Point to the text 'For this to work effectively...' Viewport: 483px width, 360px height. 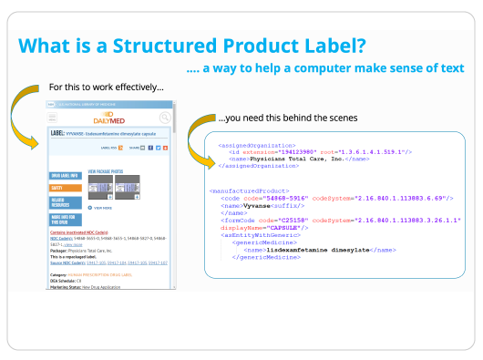[x=107, y=87]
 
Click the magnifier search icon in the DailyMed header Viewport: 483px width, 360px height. [x=165, y=118]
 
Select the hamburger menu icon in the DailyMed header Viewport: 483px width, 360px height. [x=53, y=118]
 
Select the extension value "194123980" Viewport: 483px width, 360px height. [x=296, y=151]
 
